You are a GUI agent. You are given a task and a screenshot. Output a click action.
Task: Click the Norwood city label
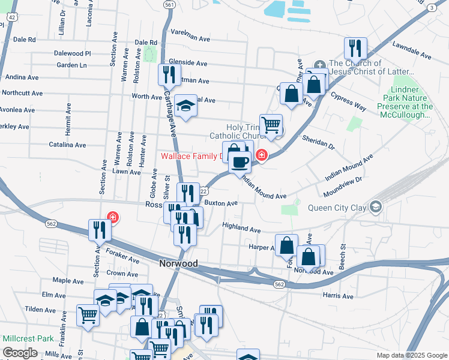pyautogui.click(x=178, y=263)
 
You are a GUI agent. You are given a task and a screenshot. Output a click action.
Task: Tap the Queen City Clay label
pyautogui.click(x=337, y=208)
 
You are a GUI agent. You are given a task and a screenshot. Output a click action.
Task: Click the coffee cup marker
pyautogui.click(x=240, y=161)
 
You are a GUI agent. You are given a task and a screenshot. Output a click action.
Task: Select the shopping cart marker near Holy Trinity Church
pyautogui.click(x=271, y=124)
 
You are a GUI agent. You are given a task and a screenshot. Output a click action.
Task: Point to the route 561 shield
pyautogui.click(x=169, y=5)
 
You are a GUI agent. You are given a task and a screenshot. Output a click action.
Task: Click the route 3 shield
pyautogui.click(x=432, y=7)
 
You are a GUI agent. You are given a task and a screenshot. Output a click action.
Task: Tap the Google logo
pyautogui.click(x=20, y=353)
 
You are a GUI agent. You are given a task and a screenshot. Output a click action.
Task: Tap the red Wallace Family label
pyautogui.click(x=191, y=157)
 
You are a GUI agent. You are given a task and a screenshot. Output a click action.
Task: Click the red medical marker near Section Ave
pyautogui.click(x=112, y=217)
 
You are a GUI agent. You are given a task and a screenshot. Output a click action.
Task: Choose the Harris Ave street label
pyautogui.click(x=338, y=296)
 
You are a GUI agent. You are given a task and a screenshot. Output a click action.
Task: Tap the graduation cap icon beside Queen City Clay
pyautogui.click(x=376, y=207)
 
